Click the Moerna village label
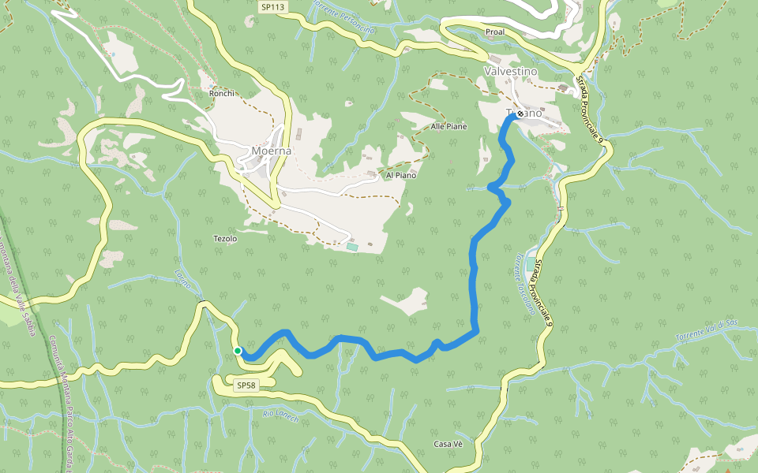click(271, 151)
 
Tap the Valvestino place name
click(509, 71)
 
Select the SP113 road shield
click(272, 6)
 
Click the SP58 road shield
click(246, 385)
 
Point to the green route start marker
click(237, 351)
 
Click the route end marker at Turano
click(520, 114)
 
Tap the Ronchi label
click(222, 93)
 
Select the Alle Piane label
click(448, 126)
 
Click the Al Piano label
click(400, 175)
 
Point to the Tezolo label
click(225, 238)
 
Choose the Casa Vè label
click(448, 444)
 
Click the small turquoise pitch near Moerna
click(351, 248)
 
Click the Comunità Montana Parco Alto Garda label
click(60, 390)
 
